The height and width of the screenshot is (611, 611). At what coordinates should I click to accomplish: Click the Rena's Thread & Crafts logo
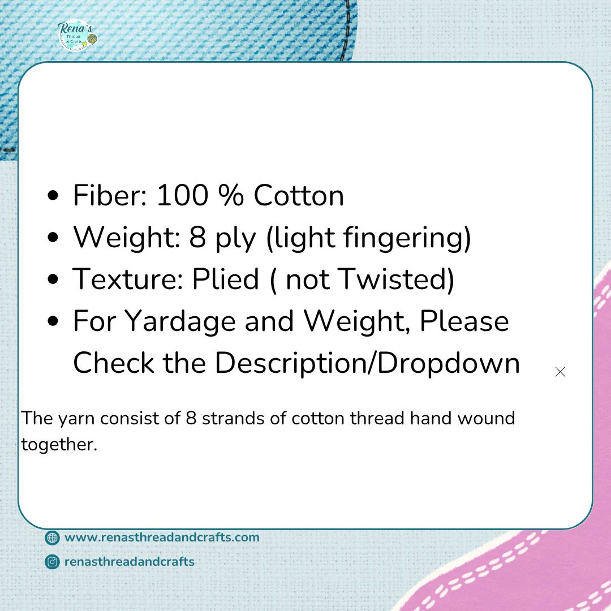coord(77,36)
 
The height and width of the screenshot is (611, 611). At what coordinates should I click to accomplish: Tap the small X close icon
coord(560,372)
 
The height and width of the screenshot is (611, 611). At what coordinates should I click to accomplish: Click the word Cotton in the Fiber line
coord(299,195)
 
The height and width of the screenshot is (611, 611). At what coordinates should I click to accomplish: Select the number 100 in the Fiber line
coord(182,195)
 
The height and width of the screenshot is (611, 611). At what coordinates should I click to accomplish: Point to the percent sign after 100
coord(231,195)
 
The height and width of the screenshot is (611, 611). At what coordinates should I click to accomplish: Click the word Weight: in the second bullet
coord(127,237)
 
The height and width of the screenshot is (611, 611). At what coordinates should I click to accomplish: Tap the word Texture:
coord(128,279)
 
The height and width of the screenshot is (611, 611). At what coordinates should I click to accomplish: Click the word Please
coord(464,321)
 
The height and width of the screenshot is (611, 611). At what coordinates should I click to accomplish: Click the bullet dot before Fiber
coord(53,195)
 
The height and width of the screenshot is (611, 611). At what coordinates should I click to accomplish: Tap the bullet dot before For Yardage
coord(53,321)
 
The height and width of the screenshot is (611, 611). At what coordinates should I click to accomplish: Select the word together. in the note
coord(59,444)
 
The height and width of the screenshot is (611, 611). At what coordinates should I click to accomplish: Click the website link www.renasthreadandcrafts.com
coord(162,537)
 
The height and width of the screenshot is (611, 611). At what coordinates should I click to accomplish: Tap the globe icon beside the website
coord(52,538)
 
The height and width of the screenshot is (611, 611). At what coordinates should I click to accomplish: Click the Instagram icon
coord(52,562)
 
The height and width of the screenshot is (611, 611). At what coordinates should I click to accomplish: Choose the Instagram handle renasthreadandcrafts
coord(130,562)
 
